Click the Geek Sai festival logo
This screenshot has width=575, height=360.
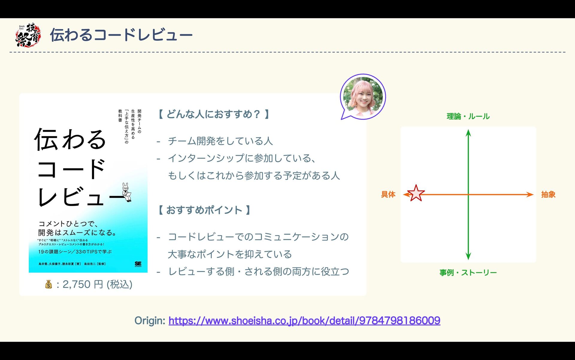tap(28, 35)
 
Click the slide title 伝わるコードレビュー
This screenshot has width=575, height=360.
tap(121, 35)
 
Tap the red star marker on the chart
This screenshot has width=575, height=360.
tap(416, 193)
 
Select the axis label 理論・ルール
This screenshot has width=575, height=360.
tap(468, 116)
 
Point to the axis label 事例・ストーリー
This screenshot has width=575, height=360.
tap(468, 273)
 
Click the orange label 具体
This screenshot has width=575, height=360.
tap(388, 194)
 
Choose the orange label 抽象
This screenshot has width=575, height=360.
tap(548, 194)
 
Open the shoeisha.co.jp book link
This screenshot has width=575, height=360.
tap(304, 321)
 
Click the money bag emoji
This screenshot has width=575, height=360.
tap(49, 284)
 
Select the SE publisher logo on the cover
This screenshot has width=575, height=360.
tap(138, 264)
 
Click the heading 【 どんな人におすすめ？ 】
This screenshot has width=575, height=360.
tap(214, 114)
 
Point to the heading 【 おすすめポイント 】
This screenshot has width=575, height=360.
tap(204, 210)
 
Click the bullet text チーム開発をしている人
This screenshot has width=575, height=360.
tap(220, 141)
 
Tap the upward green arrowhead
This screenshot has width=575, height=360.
tap(468, 133)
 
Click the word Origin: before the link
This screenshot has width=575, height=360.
tap(150, 321)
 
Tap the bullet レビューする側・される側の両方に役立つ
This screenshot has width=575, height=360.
tap(259, 271)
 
